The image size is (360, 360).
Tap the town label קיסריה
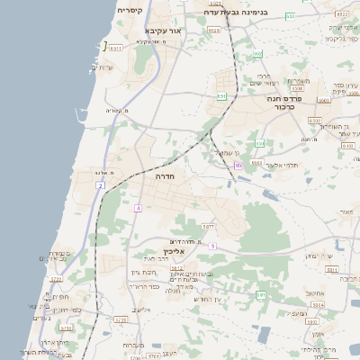tap(129, 10)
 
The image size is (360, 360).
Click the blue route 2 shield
tap(101, 185)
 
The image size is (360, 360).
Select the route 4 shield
tap(139, 208)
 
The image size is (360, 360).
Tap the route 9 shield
tap(212, 246)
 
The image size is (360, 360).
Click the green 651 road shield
tap(221, 94)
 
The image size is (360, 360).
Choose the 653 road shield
tap(260, 143)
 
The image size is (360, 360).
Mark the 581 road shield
tap(261, 294)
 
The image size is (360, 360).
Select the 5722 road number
tap(57, 280)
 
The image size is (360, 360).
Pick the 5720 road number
tap(121, 319)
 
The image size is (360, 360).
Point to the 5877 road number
tap(208, 227)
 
